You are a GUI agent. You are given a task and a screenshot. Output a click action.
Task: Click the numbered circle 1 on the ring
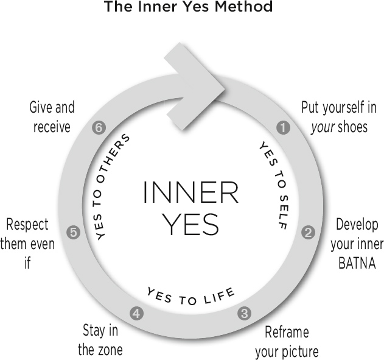(282, 128)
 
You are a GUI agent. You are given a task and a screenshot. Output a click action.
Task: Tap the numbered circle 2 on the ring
(308, 231)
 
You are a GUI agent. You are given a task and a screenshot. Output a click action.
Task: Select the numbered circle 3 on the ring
(244, 314)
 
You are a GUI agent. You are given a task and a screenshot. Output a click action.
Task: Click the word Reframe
(287, 333)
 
